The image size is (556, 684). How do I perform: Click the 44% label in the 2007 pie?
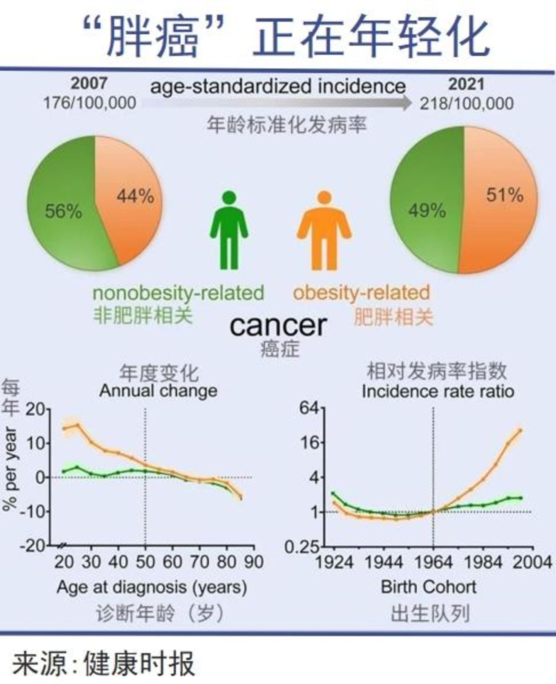coord(136,196)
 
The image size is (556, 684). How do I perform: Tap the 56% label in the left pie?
coord(64,211)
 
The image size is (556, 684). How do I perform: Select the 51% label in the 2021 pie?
coord(505,195)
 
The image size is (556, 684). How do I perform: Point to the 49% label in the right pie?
coord(427,211)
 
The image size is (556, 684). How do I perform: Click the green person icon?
coord(229,231)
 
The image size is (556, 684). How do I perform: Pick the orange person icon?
coord(324,231)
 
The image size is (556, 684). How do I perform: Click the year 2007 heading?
coord(89,83)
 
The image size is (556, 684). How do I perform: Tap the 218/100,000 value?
coord(466,104)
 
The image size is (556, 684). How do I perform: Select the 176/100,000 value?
coord(90,103)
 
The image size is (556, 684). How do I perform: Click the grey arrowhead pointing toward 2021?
coord(405,103)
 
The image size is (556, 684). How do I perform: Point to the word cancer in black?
coord(278,325)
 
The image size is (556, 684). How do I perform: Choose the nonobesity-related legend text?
coord(178,293)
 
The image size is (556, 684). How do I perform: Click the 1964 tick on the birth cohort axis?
coord(433,562)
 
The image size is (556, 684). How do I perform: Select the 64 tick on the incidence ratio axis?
coord(310,408)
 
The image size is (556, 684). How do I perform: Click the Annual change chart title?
coord(158,391)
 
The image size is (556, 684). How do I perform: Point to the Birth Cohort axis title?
coord(429,587)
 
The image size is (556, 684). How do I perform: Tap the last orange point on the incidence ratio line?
coord(520,430)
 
